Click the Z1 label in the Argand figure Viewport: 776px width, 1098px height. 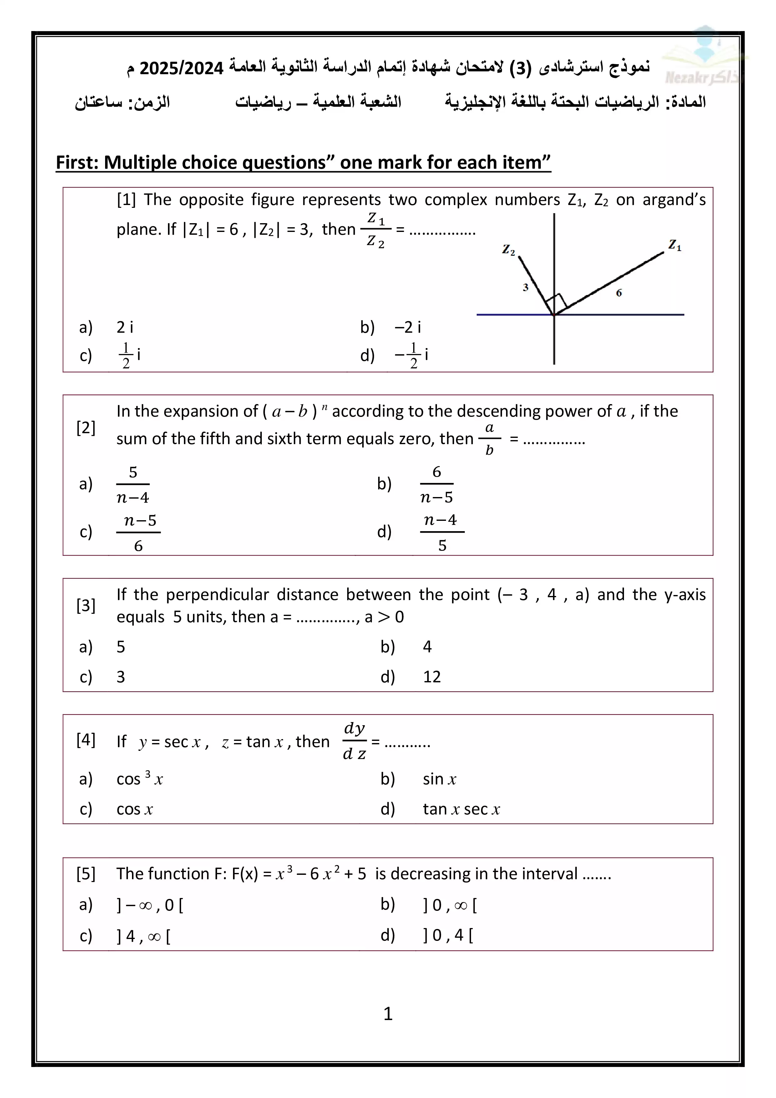click(x=675, y=245)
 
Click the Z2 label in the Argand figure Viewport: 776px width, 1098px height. click(x=508, y=250)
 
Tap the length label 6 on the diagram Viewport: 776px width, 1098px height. click(x=619, y=293)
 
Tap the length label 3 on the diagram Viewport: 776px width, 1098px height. click(x=525, y=287)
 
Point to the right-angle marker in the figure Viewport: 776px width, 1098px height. click(x=556, y=303)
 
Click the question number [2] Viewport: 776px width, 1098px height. click(x=86, y=428)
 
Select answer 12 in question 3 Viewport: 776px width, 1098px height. click(x=432, y=677)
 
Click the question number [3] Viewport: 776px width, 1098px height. click(x=86, y=605)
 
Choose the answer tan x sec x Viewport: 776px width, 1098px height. click(x=461, y=809)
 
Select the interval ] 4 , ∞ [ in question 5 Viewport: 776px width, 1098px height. click(x=143, y=936)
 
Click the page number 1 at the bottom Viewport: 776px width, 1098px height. click(x=388, y=1013)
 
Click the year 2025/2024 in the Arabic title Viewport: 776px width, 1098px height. click(x=182, y=68)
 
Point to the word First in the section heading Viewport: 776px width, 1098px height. click(x=76, y=162)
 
